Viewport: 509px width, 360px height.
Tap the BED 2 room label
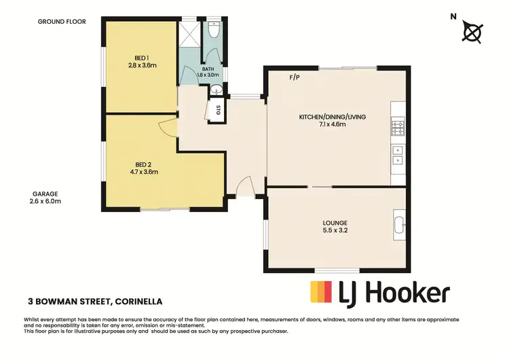(x=143, y=164)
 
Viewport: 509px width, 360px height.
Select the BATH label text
(x=209, y=69)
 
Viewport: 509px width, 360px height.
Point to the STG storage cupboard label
(x=219, y=110)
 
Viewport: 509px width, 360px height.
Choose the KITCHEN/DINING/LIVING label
(x=333, y=117)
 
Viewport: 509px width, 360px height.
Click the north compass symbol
(x=472, y=32)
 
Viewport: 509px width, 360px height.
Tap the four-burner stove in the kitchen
(x=397, y=126)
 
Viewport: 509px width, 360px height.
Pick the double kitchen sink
(x=397, y=156)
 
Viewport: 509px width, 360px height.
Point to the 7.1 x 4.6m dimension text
(x=333, y=125)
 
